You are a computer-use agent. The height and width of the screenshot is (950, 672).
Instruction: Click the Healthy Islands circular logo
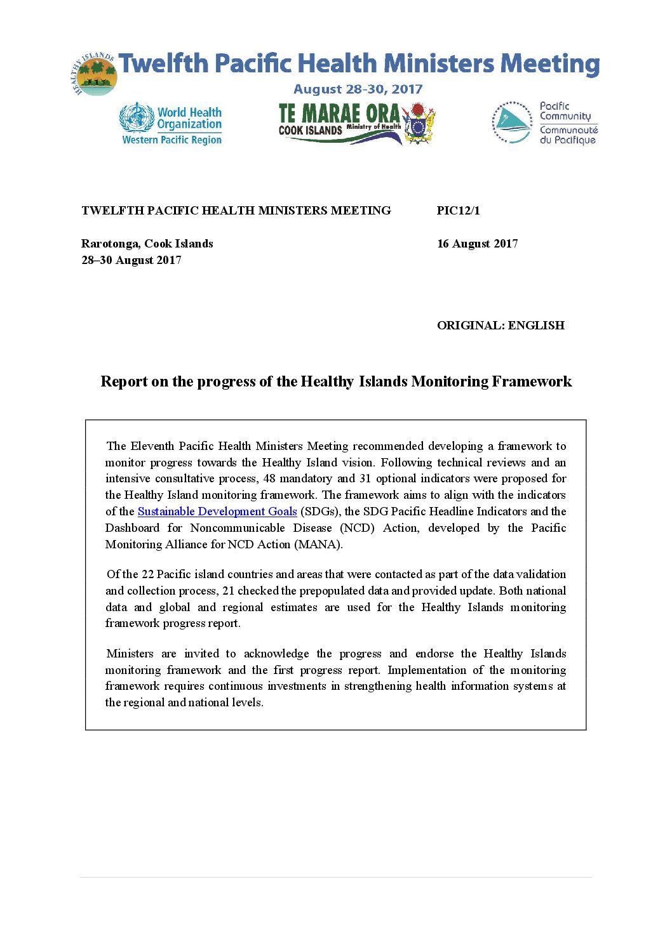click(x=93, y=75)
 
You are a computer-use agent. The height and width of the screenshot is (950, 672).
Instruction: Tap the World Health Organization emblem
click(x=137, y=117)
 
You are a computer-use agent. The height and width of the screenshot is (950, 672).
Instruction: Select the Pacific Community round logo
click(x=511, y=122)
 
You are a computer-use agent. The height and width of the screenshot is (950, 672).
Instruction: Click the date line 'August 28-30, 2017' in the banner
click(x=358, y=89)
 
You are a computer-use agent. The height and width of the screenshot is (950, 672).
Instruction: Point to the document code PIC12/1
click(x=458, y=211)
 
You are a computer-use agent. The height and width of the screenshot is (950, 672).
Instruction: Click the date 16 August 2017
click(x=477, y=244)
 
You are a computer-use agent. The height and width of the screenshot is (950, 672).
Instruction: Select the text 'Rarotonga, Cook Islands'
click(x=147, y=244)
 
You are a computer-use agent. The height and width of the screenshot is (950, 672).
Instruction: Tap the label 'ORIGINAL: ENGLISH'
click(x=501, y=326)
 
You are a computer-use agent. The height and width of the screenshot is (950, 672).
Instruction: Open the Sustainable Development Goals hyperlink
click(x=217, y=511)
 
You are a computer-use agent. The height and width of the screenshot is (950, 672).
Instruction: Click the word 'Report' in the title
click(x=124, y=381)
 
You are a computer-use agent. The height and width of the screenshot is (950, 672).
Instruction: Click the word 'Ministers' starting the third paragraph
click(x=130, y=654)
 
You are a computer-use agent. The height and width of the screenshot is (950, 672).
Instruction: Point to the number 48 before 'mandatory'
click(x=269, y=478)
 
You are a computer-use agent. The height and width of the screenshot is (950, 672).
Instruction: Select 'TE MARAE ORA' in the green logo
click(x=339, y=114)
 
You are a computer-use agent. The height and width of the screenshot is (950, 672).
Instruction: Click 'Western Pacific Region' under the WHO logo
click(x=171, y=140)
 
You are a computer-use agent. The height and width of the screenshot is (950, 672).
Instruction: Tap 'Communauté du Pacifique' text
click(x=568, y=135)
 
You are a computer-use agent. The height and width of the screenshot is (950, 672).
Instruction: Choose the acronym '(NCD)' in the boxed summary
click(x=357, y=528)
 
